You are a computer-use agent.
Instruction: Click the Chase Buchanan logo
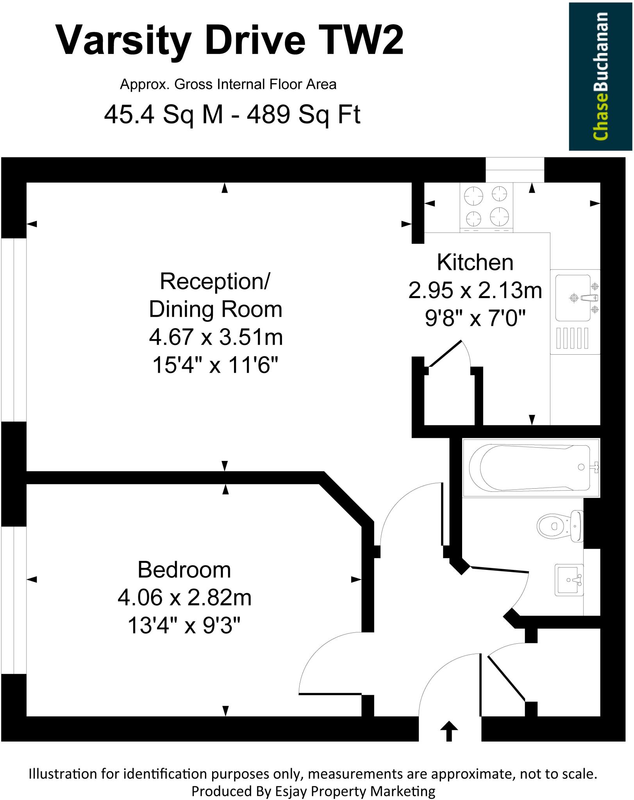(x=600, y=76)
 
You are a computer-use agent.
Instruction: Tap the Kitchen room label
(x=475, y=262)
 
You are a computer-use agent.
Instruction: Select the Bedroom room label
(x=184, y=570)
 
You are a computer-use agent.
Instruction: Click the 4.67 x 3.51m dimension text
(x=216, y=337)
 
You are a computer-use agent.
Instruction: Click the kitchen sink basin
(x=573, y=298)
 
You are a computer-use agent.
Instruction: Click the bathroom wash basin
(x=570, y=580)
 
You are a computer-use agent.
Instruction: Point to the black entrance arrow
(x=449, y=731)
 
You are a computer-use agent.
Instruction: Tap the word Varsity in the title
(x=124, y=40)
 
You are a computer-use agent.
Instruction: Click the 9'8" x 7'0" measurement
(x=475, y=318)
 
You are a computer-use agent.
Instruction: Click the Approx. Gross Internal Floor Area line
(x=228, y=84)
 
